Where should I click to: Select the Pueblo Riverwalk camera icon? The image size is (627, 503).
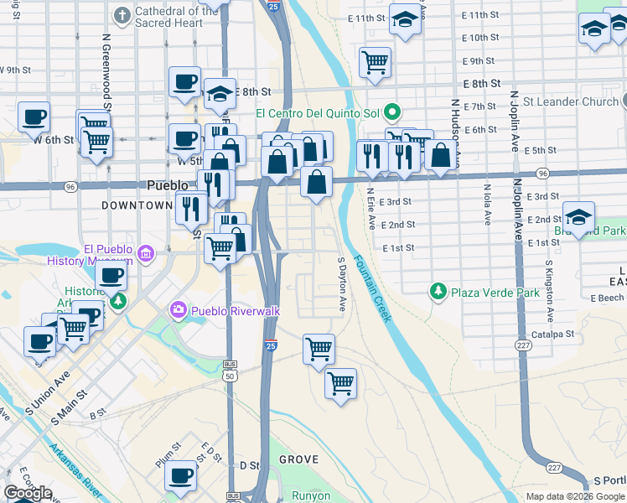coord(178,310)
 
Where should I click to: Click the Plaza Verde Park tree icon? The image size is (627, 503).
coord(437,293)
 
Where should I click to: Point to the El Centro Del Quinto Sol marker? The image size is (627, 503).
coord(391,112)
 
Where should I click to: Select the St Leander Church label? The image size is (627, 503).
coord(570,101)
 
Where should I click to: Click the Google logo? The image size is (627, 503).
coord(28,493)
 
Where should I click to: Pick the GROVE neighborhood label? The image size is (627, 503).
coord(298,459)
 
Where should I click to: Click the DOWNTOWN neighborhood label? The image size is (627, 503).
coord(137,205)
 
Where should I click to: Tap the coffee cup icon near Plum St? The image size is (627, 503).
coord(180,475)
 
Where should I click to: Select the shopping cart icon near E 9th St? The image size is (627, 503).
coord(375,60)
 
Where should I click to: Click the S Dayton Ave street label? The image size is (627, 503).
coord(342,285)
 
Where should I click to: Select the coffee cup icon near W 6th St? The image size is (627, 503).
coord(34,117)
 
